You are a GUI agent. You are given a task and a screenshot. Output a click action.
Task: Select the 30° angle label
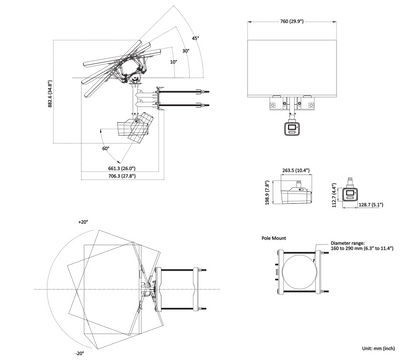pos(186,51)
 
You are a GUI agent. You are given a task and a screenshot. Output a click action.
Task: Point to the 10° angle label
pos(174,62)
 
